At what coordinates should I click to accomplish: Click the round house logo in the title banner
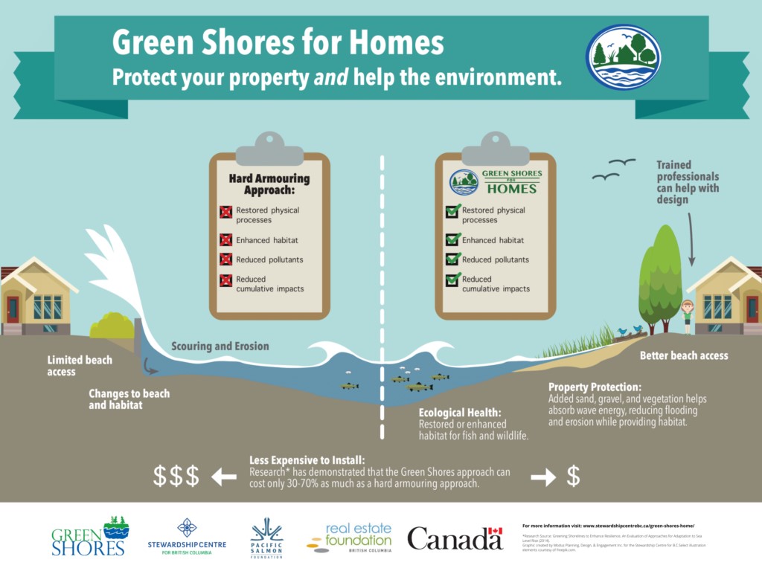coord(622,57)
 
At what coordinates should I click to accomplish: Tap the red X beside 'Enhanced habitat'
coord(225,240)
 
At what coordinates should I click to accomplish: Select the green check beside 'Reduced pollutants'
coord(452,259)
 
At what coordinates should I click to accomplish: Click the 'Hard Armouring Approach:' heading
coord(269,184)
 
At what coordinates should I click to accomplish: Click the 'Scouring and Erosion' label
coord(220,346)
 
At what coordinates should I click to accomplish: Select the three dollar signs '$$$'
coord(176,476)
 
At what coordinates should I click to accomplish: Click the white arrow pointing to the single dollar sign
coord(543,477)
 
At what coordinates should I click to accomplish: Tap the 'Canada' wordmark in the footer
coord(455,538)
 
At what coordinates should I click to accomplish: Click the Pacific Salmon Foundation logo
coord(266,538)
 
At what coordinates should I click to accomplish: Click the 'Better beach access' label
coord(684,355)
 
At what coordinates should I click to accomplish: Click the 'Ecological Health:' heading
coord(460,412)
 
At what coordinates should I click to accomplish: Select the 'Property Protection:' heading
coord(594,387)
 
